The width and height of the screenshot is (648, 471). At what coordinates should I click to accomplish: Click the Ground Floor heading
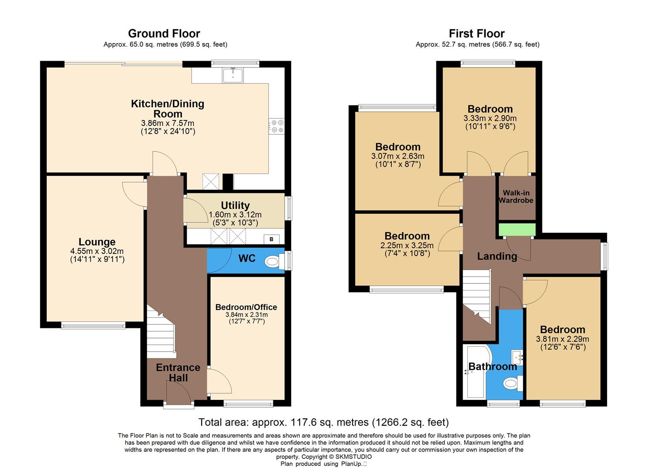164,34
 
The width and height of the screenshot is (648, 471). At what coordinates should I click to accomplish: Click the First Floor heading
477,34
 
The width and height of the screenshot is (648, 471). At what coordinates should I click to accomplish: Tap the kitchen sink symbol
233,75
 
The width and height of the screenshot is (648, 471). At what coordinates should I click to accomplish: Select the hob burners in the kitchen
277,126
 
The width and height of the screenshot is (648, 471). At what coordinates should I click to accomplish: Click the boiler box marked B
271,239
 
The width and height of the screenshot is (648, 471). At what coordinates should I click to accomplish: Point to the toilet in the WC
273,262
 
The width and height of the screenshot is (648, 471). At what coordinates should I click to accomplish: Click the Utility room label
235,205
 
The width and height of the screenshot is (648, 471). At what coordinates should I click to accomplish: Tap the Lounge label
97,242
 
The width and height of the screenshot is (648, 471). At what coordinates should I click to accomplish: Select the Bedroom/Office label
246,307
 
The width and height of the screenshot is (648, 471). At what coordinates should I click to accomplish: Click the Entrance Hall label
178,372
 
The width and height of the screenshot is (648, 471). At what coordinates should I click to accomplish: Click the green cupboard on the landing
517,229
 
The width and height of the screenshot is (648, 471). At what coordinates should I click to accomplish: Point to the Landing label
497,256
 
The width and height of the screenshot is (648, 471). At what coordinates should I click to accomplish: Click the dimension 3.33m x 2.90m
490,118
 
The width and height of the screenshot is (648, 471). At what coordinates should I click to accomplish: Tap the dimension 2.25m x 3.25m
407,246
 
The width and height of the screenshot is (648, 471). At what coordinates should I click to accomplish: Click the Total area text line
323,422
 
